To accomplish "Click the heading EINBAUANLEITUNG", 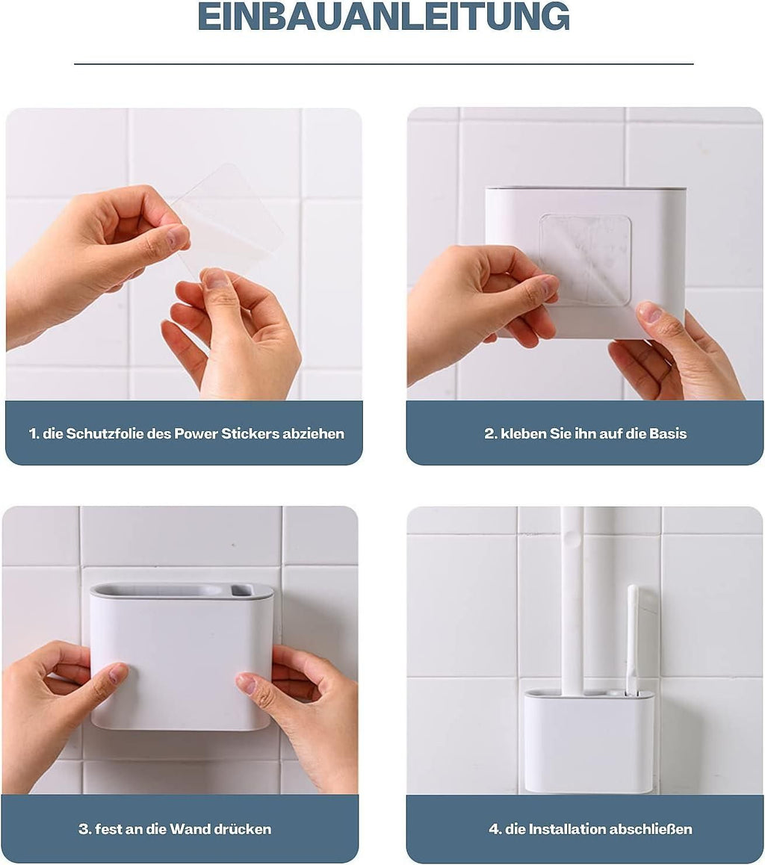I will click(383, 16).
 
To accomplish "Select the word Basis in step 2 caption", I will click(668, 433).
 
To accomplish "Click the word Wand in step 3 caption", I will click(191, 829).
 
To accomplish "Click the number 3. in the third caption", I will click(84, 829).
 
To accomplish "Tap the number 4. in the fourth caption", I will click(495, 829).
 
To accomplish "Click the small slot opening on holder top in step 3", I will click(241, 591).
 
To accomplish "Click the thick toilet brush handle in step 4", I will click(572, 598).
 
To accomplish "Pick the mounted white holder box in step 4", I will click(589, 743).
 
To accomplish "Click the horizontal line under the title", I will click(383, 64).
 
